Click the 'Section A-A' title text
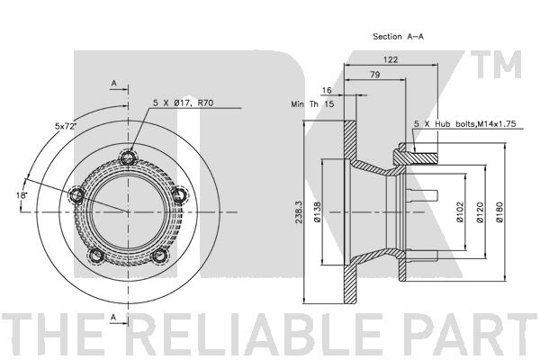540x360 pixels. [x=398, y=37]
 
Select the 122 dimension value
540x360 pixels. [x=391, y=59]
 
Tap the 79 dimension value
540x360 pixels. [x=375, y=75]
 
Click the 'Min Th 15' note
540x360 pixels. [x=312, y=104]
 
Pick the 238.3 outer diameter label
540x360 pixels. [x=299, y=211]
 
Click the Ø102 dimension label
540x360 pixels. [x=460, y=211]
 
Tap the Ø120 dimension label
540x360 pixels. [x=480, y=211]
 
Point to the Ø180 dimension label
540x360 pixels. [x=499, y=211]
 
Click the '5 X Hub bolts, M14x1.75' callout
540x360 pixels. [x=465, y=124]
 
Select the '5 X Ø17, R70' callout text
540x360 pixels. [x=184, y=103]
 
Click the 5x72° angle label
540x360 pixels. [x=65, y=126]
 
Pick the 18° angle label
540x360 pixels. [x=22, y=195]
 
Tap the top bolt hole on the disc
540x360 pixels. [x=129, y=158]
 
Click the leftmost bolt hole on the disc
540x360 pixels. [x=76, y=195]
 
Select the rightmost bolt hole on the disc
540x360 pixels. [x=179, y=195]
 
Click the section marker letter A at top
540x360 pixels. [x=114, y=83]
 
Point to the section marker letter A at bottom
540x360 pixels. [x=113, y=319]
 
